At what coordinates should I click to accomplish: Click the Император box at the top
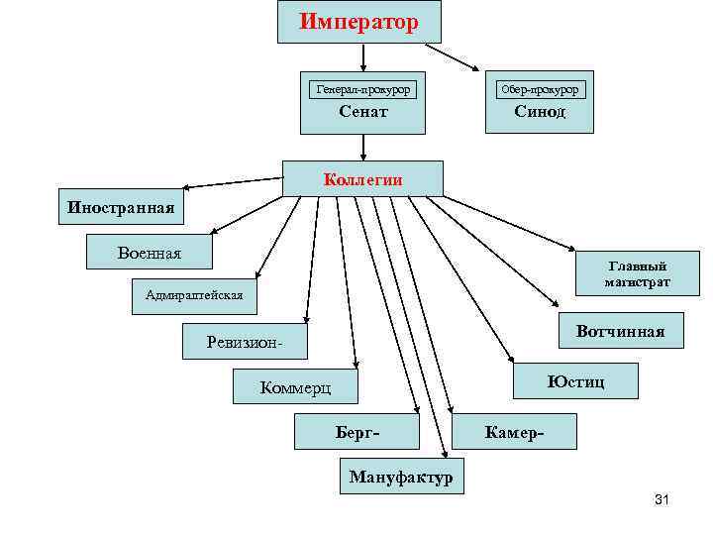point(358,21)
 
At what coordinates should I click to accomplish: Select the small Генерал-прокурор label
point(362,89)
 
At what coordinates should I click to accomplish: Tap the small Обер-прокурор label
point(540,89)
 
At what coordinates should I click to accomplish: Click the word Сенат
point(362,112)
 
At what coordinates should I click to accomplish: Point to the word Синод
point(540,112)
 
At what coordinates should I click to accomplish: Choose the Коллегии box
point(362,179)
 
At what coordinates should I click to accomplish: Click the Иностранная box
point(121,207)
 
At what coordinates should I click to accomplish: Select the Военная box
point(149,253)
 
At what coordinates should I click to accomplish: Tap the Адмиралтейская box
point(194,296)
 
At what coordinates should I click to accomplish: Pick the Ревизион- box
point(245,343)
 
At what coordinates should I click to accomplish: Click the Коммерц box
point(294,387)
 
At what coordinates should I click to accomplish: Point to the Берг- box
point(357,433)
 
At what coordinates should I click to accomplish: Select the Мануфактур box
point(401,478)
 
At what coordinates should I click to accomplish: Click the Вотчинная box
point(620,331)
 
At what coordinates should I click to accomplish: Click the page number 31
point(662,499)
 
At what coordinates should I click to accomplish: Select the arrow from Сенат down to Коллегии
point(363,147)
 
